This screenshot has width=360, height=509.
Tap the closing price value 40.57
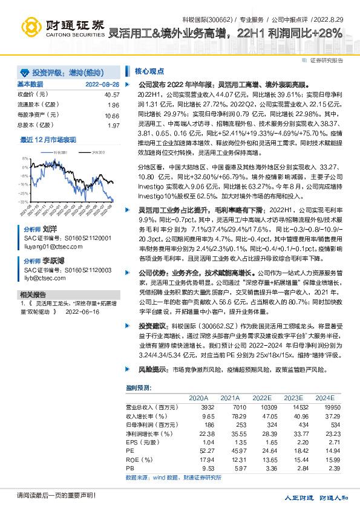click(112, 95)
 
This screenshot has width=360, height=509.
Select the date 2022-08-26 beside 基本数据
click(102, 84)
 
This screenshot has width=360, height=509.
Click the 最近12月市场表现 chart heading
click(48, 140)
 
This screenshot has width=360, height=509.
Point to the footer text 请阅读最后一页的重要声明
click(48, 496)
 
